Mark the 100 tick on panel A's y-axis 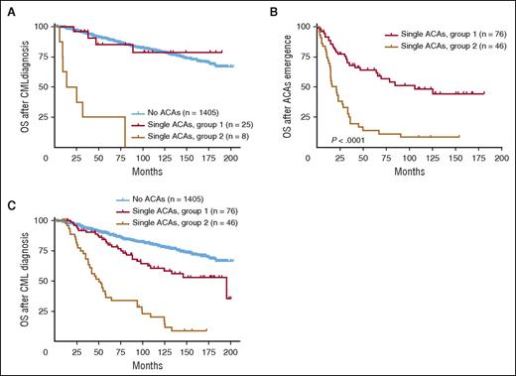[x=37, y=26]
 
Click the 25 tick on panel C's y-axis [x=40, y=311]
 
